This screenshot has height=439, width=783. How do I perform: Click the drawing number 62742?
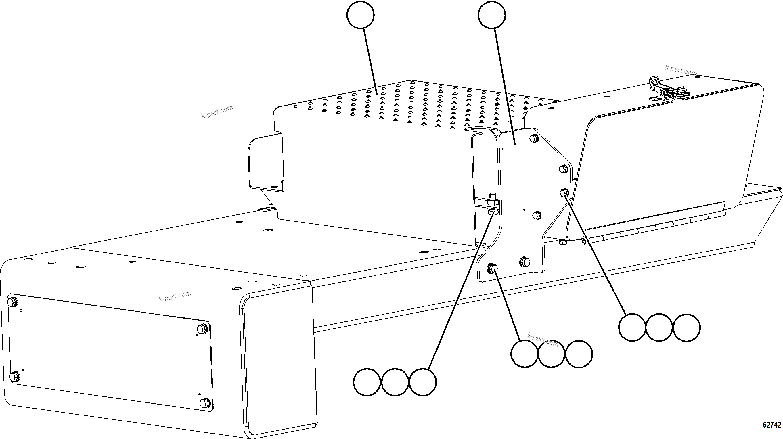(772, 425)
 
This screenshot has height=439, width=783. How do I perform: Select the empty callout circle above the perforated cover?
(361, 15)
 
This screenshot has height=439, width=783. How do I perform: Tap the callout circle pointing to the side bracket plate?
(492, 15)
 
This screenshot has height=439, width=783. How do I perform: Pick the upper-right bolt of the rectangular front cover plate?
(202, 329)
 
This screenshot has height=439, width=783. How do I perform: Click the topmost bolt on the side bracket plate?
(534, 139)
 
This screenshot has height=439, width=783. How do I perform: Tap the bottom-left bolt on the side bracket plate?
(492, 268)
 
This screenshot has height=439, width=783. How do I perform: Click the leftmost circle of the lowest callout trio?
(367, 382)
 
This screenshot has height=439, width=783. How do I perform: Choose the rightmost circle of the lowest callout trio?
(423, 382)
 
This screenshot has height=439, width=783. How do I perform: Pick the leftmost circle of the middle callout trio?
(524, 354)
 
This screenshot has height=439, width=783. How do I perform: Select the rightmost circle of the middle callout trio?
(579, 354)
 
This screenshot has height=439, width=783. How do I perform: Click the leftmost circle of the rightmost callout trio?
(632, 327)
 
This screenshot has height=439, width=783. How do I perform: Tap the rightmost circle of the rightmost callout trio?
(687, 327)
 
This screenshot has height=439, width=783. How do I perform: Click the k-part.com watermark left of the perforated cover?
(217, 112)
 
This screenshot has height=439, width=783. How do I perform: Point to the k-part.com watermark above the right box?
(681, 70)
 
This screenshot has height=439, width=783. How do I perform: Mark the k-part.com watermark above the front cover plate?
(175, 296)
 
